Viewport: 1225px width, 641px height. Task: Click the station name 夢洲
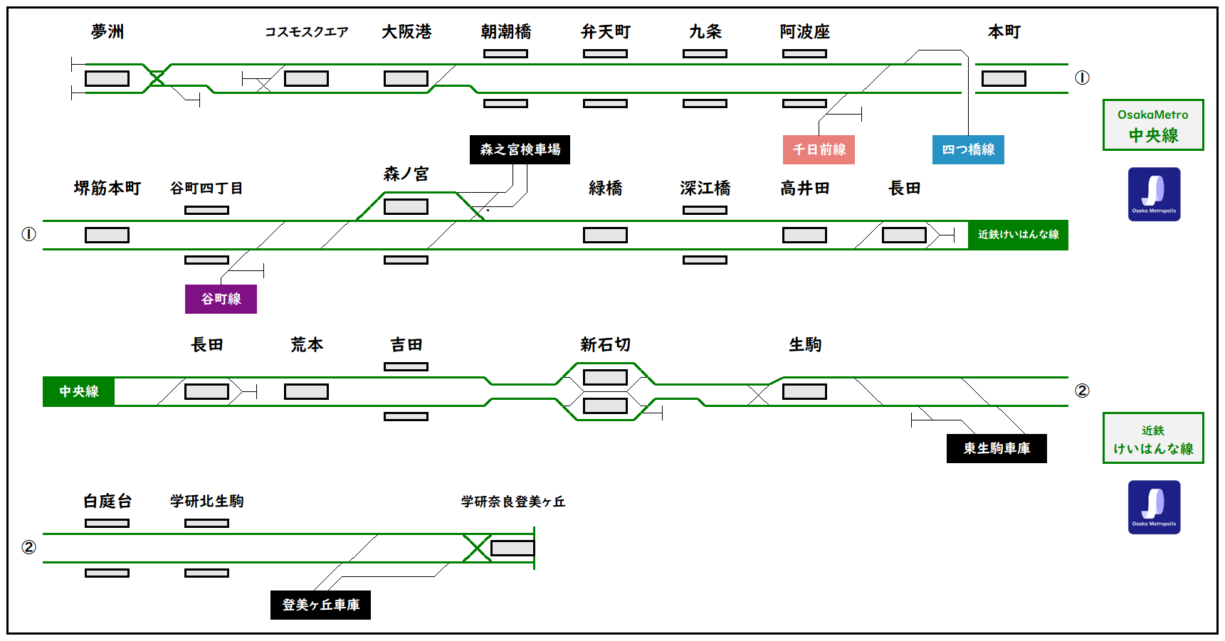point(107,31)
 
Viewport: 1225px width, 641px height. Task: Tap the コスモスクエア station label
point(307,32)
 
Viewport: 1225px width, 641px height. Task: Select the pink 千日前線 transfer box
point(819,149)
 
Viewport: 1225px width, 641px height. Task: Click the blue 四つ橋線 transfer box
point(968,149)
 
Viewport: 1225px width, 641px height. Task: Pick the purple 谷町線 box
point(221,299)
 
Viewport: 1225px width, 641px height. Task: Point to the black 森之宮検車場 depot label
point(520,149)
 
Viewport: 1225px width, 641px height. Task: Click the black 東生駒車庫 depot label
point(997,448)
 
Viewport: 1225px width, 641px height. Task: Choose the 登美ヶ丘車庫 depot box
point(320,605)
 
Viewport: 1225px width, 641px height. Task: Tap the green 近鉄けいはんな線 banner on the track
point(1018,235)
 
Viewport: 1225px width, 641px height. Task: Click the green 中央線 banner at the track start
point(78,391)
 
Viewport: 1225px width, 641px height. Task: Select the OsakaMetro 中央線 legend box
point(1153,125)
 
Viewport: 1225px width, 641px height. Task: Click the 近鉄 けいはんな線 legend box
point(1153,438)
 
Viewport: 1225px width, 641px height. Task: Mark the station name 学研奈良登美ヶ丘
point(512,502)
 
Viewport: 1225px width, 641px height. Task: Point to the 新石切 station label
point(605,345)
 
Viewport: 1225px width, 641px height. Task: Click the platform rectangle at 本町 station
point(1004,78)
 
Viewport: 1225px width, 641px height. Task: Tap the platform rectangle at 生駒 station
point(804,391)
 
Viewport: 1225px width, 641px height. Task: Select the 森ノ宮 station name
point(406,174)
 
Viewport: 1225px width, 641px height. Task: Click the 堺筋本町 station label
point(107,189)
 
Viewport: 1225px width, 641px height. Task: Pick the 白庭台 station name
point(107,502)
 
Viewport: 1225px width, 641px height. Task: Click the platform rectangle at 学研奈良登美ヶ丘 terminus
point(512,548)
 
